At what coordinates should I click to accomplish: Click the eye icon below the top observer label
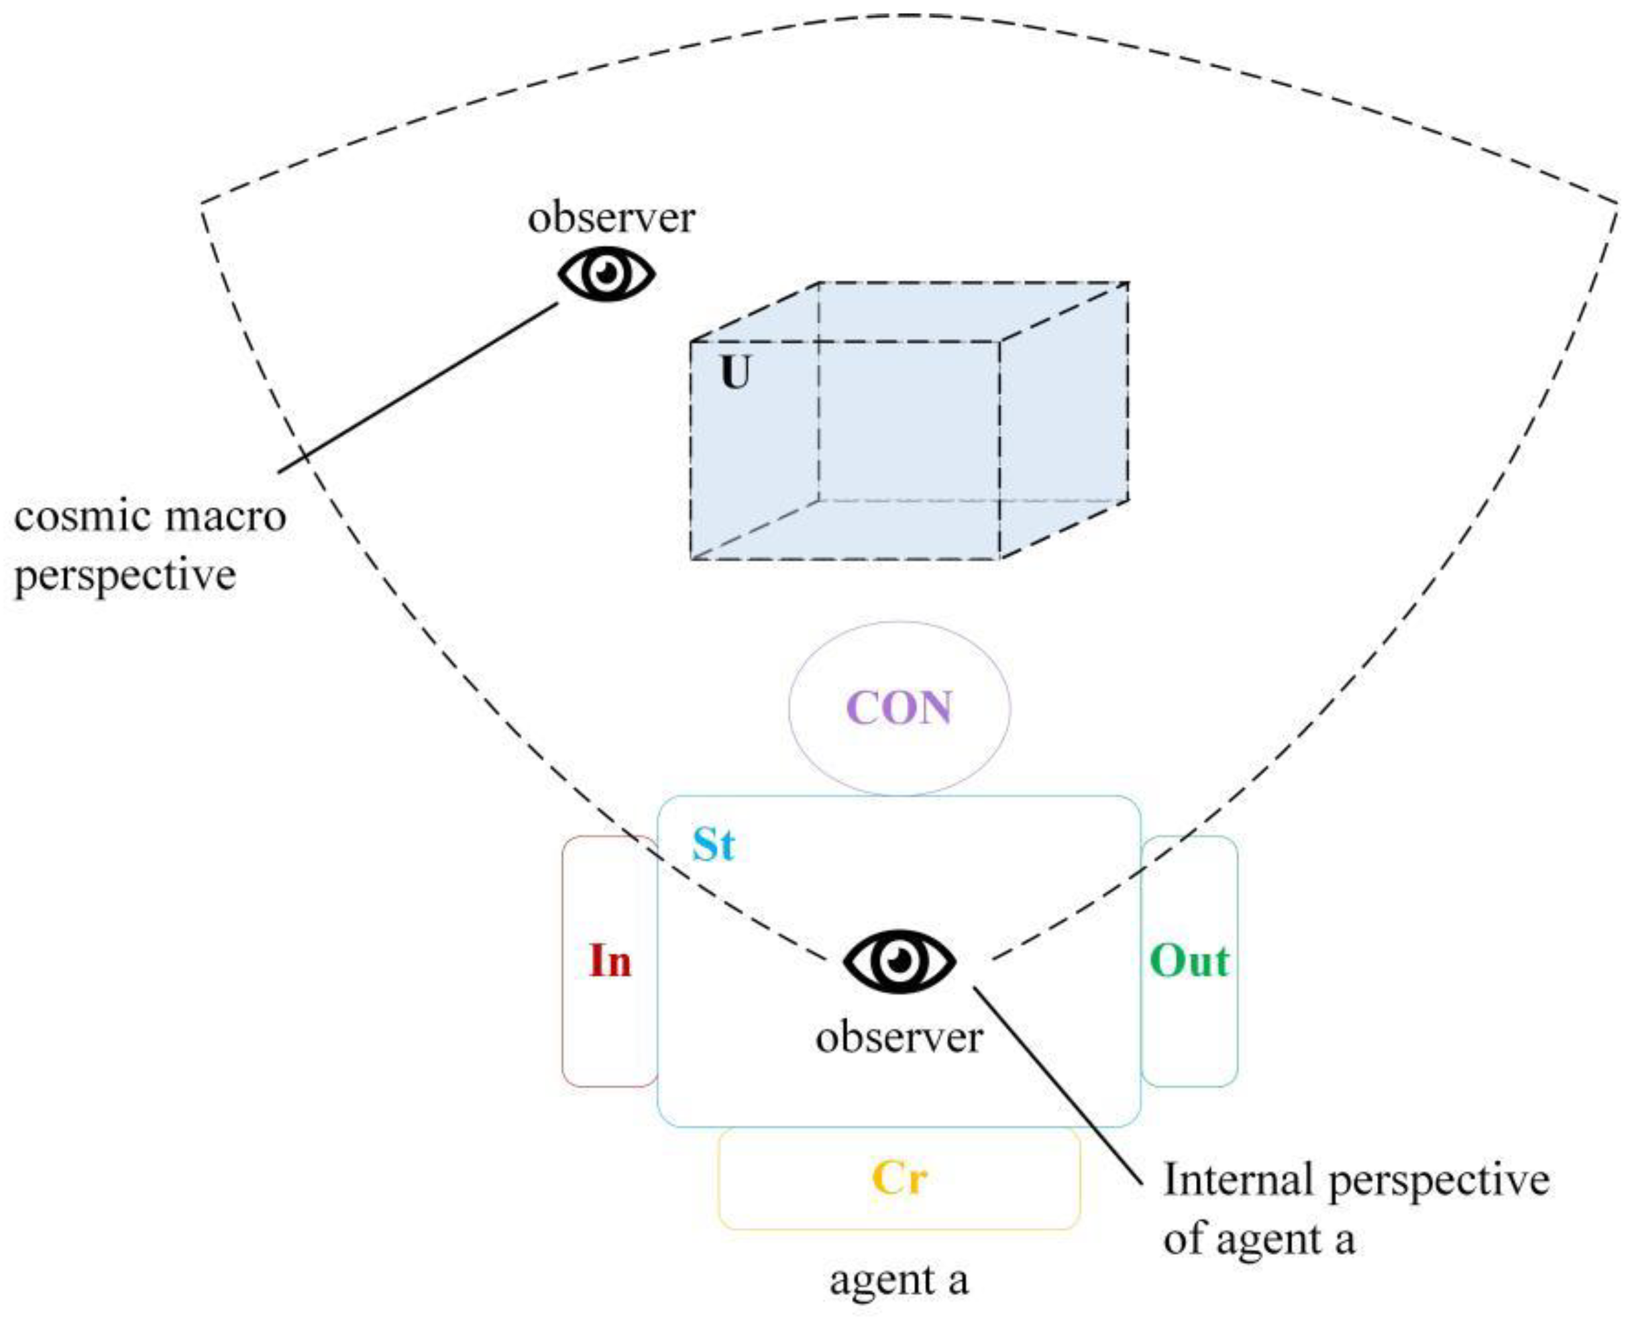[606, 274]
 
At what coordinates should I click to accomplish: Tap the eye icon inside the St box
[899, 961]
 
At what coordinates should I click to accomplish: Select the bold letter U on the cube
[735, 373]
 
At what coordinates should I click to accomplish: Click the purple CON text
[899, 707]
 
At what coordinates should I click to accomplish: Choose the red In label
[610, 961]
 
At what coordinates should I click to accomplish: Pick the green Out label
[1189, 961]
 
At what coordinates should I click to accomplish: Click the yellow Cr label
[899, 1178]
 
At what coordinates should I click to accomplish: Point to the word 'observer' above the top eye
[611, 218]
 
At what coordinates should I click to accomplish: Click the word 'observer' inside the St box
[899, 1037]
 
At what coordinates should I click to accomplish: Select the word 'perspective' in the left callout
[125, 576]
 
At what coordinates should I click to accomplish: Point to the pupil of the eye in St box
[900, 960]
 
